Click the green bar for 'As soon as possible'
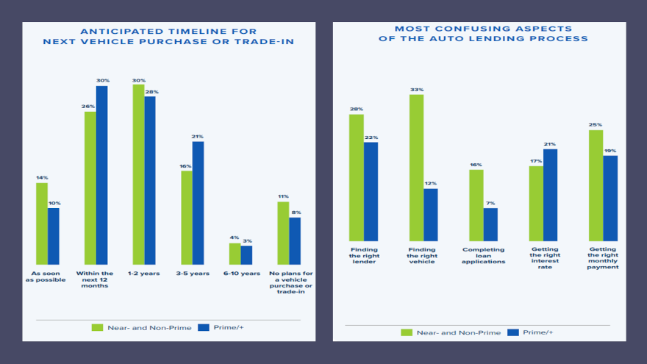tap(42, 224)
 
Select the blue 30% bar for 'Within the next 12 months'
tap(102, 175)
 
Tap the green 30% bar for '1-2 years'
tap(138, 174)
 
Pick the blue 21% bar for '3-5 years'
tap(198, 202)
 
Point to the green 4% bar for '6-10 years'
tap(235, 253)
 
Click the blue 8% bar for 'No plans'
tap(295, 240)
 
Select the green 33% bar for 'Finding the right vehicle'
tap(416, 168)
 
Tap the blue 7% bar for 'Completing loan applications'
tap(490, 224)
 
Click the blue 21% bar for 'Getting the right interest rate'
tap(550, 195)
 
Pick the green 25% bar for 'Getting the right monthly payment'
tap(596, 185)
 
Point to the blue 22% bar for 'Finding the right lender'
tap(371, 191)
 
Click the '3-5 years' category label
tap(192, 274)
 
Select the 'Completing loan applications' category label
tap(484, 255)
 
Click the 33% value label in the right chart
tap(417, 90)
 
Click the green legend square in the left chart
tap(96, 326)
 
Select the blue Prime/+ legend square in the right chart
tap(512, 332)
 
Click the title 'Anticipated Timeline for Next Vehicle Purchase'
tap(168, 36)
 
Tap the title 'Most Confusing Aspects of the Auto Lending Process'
tap(482, 33)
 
